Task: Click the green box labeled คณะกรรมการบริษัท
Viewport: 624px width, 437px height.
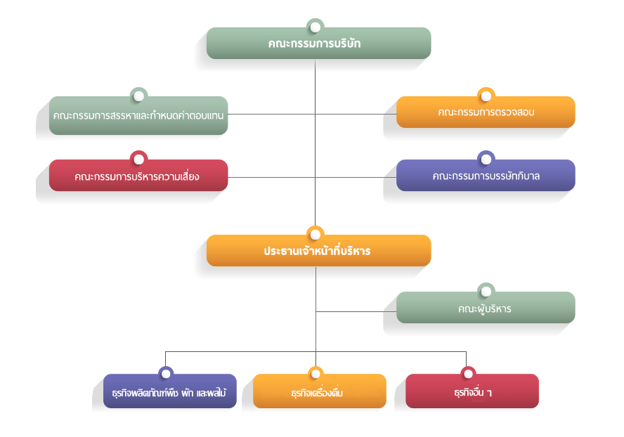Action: (318, 43)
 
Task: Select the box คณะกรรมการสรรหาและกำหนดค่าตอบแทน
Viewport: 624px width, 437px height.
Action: (138, 115)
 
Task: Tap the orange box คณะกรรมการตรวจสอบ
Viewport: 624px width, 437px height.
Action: (486, 112)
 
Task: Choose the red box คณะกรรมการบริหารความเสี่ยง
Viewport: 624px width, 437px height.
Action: (138, 175)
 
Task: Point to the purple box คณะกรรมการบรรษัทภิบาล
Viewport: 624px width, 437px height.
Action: (486, 175)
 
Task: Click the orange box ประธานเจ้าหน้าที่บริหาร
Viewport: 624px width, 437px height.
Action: (318, 250)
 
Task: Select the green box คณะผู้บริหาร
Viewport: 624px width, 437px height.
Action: (486, 307)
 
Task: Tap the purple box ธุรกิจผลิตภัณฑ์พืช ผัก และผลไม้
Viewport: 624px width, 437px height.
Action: (170, 391)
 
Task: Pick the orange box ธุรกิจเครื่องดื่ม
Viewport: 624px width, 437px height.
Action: (320, 391)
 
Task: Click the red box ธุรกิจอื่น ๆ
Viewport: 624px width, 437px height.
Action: (472, 391)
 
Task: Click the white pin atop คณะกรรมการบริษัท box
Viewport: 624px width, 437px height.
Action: (316, 27)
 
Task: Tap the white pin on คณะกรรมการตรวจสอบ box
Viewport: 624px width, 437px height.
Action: (486, 96)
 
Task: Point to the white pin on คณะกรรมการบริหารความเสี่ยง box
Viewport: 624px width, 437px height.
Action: (139, 159)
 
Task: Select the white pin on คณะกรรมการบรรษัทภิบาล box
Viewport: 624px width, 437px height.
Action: (486, 159)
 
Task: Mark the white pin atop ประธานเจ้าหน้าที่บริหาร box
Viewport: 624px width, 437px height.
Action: (316, 235)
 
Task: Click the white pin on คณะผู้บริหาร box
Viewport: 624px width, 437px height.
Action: (486, 292)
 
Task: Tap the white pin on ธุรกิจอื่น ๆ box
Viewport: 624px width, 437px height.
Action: (469, 374)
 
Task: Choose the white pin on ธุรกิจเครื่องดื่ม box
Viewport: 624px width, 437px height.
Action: (316, 374)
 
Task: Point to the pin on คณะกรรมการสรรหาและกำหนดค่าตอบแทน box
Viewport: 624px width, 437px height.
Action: (139, 96)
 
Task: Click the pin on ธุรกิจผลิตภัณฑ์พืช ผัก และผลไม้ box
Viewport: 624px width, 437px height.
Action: (166, 374)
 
